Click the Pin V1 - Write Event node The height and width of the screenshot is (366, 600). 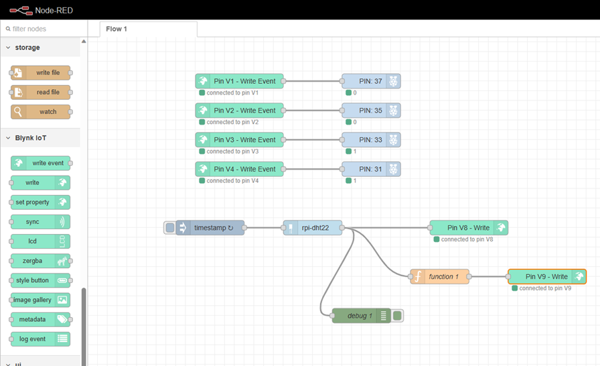click(240, 81)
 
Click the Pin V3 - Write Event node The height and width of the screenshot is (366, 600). click(240, 139)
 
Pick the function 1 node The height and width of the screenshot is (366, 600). click(443, 276)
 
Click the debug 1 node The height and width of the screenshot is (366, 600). click(360, 316)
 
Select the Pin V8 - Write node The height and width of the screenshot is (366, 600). click(468, 228)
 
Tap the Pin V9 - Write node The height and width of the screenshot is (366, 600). click(546, 276)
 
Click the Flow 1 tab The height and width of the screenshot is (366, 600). click(117, 29)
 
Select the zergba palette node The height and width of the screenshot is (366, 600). click(33, 261)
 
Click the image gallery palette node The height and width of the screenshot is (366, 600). click(33, 300)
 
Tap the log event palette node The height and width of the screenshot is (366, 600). click(33, 339)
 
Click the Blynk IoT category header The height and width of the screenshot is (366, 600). click(31, 138)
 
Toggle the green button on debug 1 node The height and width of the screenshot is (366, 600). click(397, 316)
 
